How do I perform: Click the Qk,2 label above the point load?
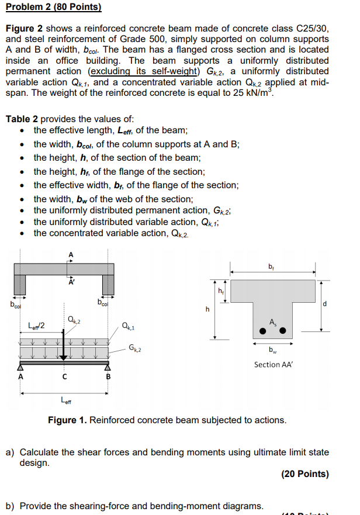point(74,319)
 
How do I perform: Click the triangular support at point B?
point(108,367)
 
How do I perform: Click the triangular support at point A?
point(20,367)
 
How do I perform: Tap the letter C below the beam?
point(65,377)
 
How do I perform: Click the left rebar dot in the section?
point(263,331)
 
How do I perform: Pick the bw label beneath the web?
point(272,351)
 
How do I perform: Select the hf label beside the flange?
point(220,290)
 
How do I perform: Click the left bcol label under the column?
point(15,304)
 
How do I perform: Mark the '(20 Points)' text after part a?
point(304,473)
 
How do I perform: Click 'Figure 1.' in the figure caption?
point(67,420)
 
